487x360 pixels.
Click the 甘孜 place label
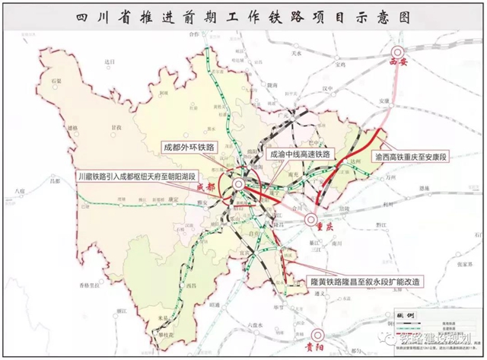point(116,128)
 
